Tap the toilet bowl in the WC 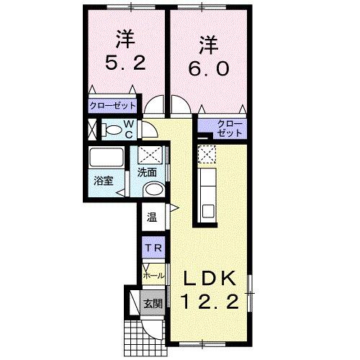(x=111, y=130)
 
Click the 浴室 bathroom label (x=104, y=180)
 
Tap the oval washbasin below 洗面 (x=151, y=190)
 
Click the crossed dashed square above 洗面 (x=150, y=155)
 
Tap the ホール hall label (x=153, y=275)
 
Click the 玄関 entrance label (x=150, y=303)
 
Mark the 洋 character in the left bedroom (x=119, y=38)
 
